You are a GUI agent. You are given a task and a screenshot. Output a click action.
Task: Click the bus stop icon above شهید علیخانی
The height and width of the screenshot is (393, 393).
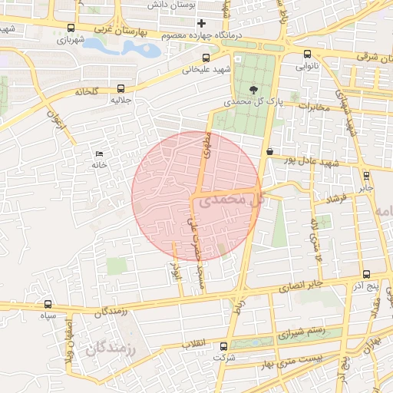click(205, 58)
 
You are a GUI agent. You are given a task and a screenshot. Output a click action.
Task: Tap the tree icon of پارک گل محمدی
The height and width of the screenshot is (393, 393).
click(254, 89)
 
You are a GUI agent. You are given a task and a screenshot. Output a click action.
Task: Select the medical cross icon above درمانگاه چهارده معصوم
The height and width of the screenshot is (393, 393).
click(202, 24)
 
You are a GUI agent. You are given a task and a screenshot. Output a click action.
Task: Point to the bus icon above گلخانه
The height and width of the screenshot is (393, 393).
click(121, 88)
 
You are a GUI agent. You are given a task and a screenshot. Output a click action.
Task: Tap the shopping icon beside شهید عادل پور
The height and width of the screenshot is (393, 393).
click(269, 152)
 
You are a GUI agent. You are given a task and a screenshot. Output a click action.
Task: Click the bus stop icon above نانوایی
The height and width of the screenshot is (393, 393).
click(308, 54)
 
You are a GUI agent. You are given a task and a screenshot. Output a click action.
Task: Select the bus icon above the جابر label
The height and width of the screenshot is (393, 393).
click(365, 175)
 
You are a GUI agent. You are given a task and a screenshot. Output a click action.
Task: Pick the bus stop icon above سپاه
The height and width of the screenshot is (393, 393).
click(48, 304)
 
